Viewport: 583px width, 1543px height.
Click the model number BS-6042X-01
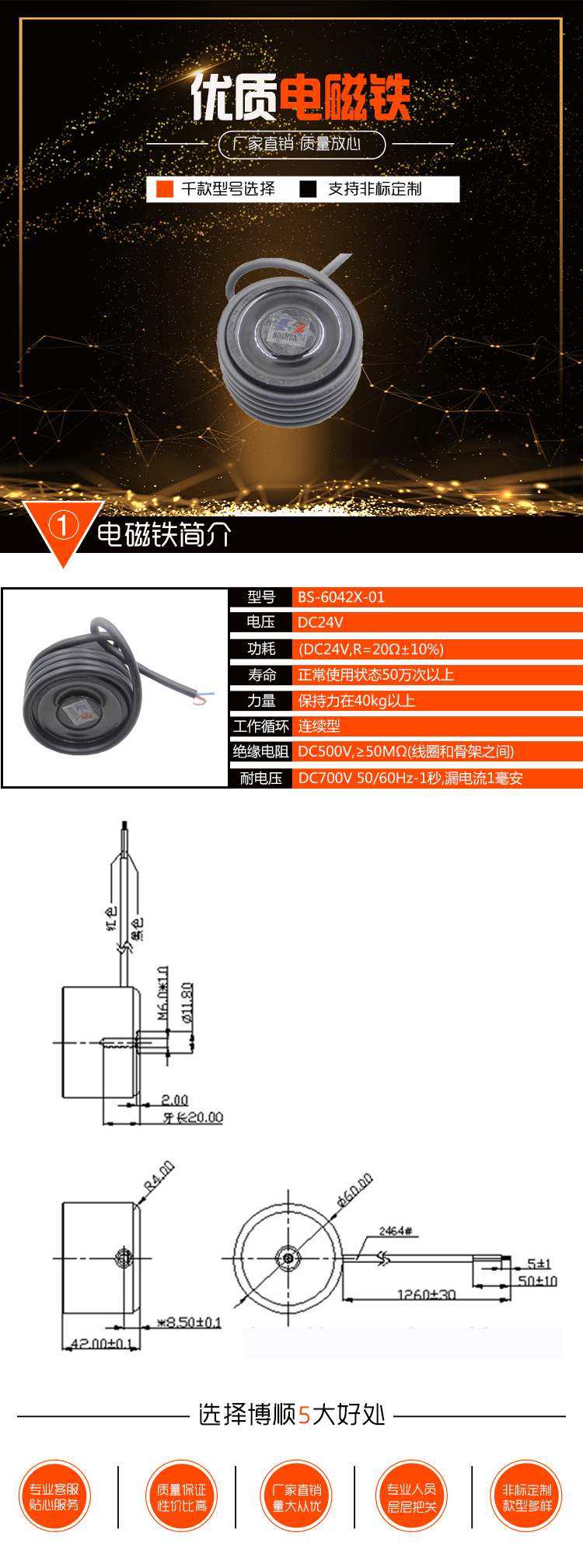(341, 597)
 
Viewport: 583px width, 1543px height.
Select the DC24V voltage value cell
(320, 622)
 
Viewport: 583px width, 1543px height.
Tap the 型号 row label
(261, 597)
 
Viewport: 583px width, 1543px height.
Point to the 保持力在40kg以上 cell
(357, 701)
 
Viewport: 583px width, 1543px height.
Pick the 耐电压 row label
(261, 778)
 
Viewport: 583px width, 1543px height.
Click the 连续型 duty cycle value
(319, 726)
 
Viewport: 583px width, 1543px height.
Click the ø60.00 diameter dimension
(354, 1190)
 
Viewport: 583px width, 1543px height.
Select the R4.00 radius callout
(159, 1176)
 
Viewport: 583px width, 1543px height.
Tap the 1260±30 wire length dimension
(426, 1295)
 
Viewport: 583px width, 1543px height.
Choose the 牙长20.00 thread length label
(193, 1118)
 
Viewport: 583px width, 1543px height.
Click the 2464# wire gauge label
(395, 1231)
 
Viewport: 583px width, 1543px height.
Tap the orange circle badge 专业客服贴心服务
(54, 1496)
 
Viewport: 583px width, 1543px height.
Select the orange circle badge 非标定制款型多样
(527, 1496)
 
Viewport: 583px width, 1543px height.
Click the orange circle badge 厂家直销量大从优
(297, 1496)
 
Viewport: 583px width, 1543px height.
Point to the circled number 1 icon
(63, 526)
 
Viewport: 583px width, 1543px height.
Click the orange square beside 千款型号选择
(165, 189)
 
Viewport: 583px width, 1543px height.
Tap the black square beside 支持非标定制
(309, 189)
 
